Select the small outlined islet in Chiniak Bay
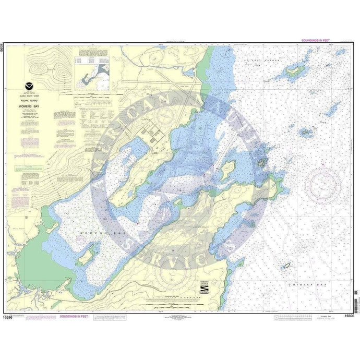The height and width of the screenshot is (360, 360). point(286,267)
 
